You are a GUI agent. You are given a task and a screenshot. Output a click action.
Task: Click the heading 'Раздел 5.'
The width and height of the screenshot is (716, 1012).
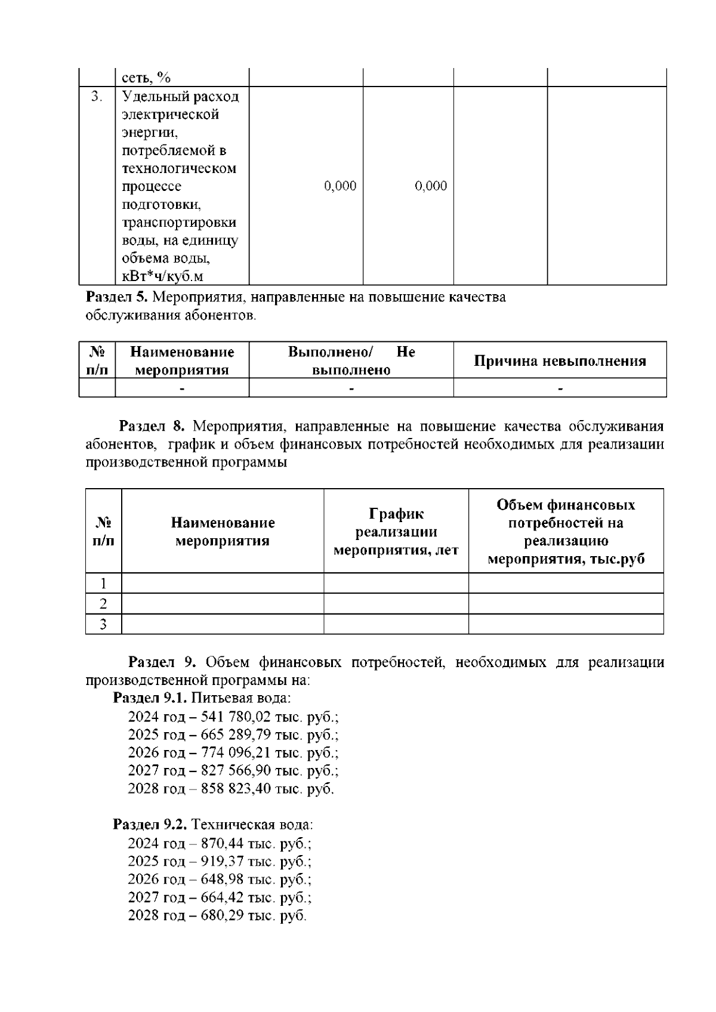(117, 297)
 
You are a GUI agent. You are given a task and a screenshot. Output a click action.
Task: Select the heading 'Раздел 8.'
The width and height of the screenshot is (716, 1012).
(153, 427)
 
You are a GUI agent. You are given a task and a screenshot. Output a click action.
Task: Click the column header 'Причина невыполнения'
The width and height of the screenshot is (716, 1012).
(560, 361)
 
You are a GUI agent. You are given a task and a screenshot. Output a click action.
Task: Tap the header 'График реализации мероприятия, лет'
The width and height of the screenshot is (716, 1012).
(396, 532)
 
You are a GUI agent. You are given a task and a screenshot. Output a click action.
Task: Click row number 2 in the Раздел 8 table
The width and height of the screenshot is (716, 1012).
(103, 604)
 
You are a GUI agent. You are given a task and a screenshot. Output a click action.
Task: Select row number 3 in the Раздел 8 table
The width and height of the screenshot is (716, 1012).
(103, 624)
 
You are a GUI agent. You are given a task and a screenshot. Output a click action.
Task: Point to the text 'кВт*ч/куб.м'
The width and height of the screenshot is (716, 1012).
(162, 276)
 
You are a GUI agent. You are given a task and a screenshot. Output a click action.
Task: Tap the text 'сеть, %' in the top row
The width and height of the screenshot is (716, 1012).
(147, 78)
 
